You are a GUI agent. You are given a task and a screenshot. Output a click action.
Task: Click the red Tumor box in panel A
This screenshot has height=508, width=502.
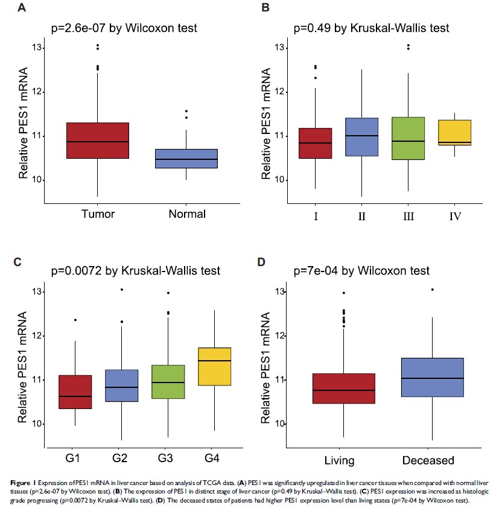(97, 141)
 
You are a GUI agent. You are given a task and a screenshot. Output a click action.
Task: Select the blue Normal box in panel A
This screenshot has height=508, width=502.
(188, 158)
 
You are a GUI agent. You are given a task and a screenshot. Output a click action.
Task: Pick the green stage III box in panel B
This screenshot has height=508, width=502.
(408, 138)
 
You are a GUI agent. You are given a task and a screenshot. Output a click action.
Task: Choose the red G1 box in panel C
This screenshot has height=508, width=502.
(75, 392)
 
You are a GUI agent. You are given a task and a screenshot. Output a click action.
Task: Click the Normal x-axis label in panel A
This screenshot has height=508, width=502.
(188, 214)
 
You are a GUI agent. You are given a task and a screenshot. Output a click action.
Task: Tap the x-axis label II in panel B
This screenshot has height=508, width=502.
(361, 216)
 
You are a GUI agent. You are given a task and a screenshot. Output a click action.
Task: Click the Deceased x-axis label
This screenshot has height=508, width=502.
(428, 460)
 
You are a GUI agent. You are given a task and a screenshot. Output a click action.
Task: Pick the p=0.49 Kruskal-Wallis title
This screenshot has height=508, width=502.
(371, 28)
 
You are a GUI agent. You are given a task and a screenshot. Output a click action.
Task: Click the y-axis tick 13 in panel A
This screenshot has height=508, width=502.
(39, 48)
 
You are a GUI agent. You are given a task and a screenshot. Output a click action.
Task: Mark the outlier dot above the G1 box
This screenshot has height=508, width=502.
(75, 320)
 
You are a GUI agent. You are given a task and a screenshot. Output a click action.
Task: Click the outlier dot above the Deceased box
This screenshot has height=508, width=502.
(432, 290)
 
